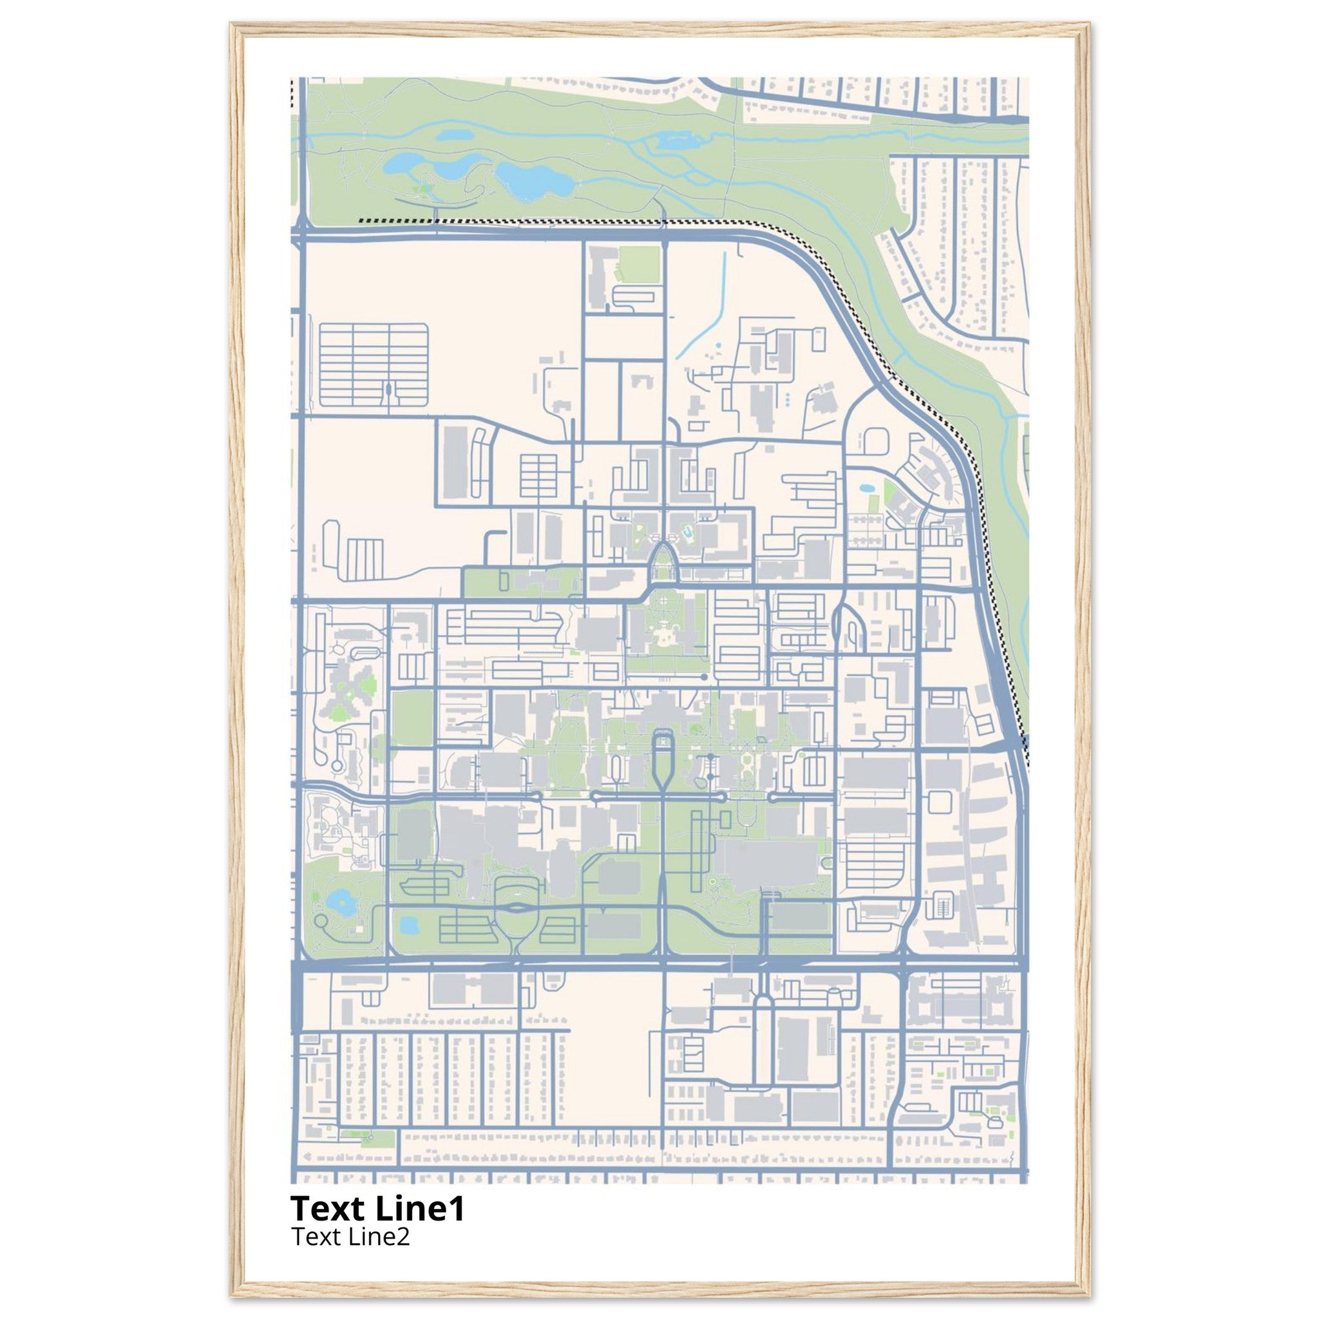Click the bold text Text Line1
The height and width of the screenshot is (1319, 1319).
point(377,1208)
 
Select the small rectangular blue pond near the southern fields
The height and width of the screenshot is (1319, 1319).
point(408,925)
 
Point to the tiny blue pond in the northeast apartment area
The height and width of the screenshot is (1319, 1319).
point(866,489)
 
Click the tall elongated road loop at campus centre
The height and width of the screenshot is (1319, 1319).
point(663,758)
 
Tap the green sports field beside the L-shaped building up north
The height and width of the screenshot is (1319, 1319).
point(639,264)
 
